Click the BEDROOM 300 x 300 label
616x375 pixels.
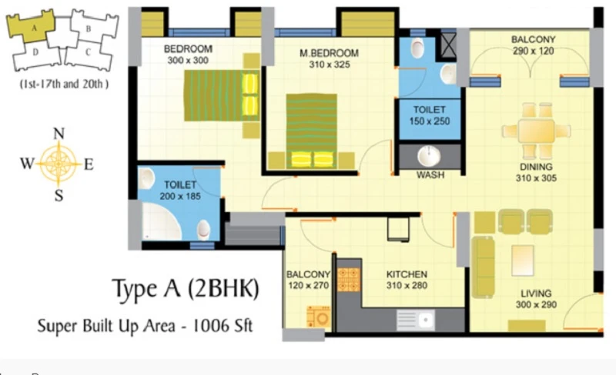188,55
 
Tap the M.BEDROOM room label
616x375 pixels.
330,53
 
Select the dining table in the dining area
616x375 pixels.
536,131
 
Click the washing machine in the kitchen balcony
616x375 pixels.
319,317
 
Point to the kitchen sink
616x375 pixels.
415,320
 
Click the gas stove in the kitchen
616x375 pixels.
349,280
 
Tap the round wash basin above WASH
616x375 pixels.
430,156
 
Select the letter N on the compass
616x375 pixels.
59,134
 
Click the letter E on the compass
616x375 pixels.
89,164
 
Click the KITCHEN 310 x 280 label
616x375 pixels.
407,280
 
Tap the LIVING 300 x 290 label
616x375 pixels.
536,299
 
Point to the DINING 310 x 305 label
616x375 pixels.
536,173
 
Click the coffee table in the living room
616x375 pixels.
523,260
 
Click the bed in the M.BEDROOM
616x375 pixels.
312,131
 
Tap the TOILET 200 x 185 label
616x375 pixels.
180,191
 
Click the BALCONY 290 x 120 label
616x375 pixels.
533,45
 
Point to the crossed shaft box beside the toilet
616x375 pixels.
448,45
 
